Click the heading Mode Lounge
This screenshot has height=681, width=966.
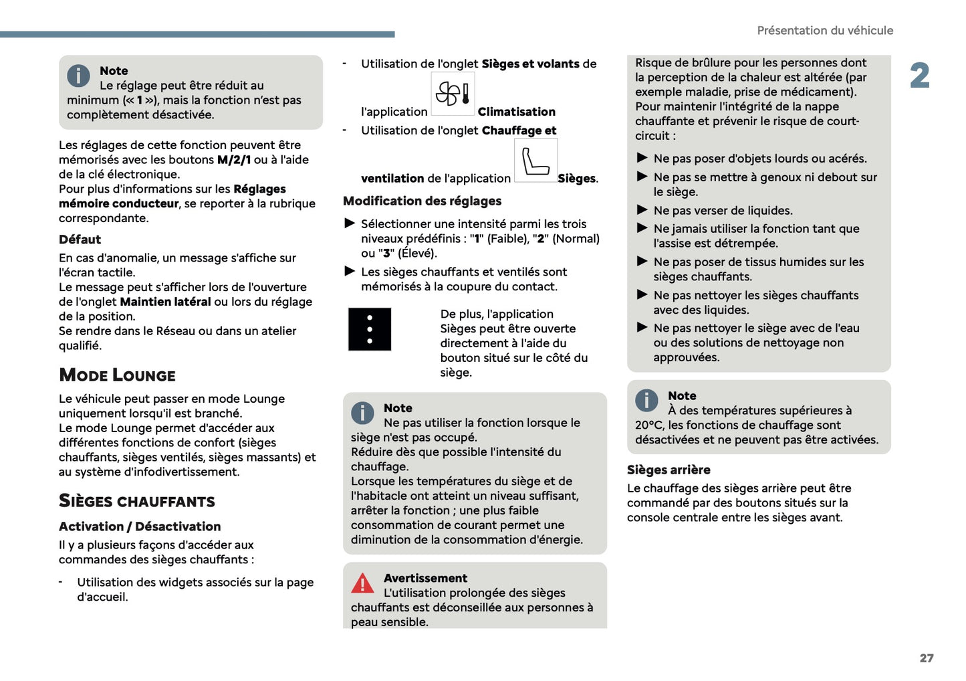pos(117,375)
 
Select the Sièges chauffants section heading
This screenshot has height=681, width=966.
pos(136,501)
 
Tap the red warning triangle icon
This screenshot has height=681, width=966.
pos(362,583)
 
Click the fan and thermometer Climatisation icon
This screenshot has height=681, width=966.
pos(453,94)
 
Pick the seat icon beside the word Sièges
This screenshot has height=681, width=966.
pos(535,161)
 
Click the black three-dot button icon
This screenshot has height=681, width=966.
pos(370,329)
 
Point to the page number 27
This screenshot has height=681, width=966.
pos(926,658)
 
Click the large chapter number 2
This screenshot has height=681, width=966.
pos(919,76)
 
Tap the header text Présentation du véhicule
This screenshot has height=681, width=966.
pos(824,31)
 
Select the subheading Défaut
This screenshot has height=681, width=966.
pos(80,239)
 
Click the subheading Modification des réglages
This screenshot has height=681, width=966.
pos(422,201)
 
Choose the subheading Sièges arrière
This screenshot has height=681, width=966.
pos(668,470)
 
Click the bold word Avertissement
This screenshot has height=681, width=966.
pos(425,578)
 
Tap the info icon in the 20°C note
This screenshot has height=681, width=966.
pos(646,400)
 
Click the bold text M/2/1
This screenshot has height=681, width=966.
pos(234,160)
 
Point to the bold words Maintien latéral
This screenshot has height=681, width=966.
pos(165,302)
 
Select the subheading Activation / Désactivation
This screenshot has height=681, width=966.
pos(140,526)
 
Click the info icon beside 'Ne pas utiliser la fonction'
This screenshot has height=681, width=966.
pos(362,413)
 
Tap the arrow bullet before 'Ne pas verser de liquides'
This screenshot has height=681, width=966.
pos(642,209)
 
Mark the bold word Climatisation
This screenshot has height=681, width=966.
pos(516,112)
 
